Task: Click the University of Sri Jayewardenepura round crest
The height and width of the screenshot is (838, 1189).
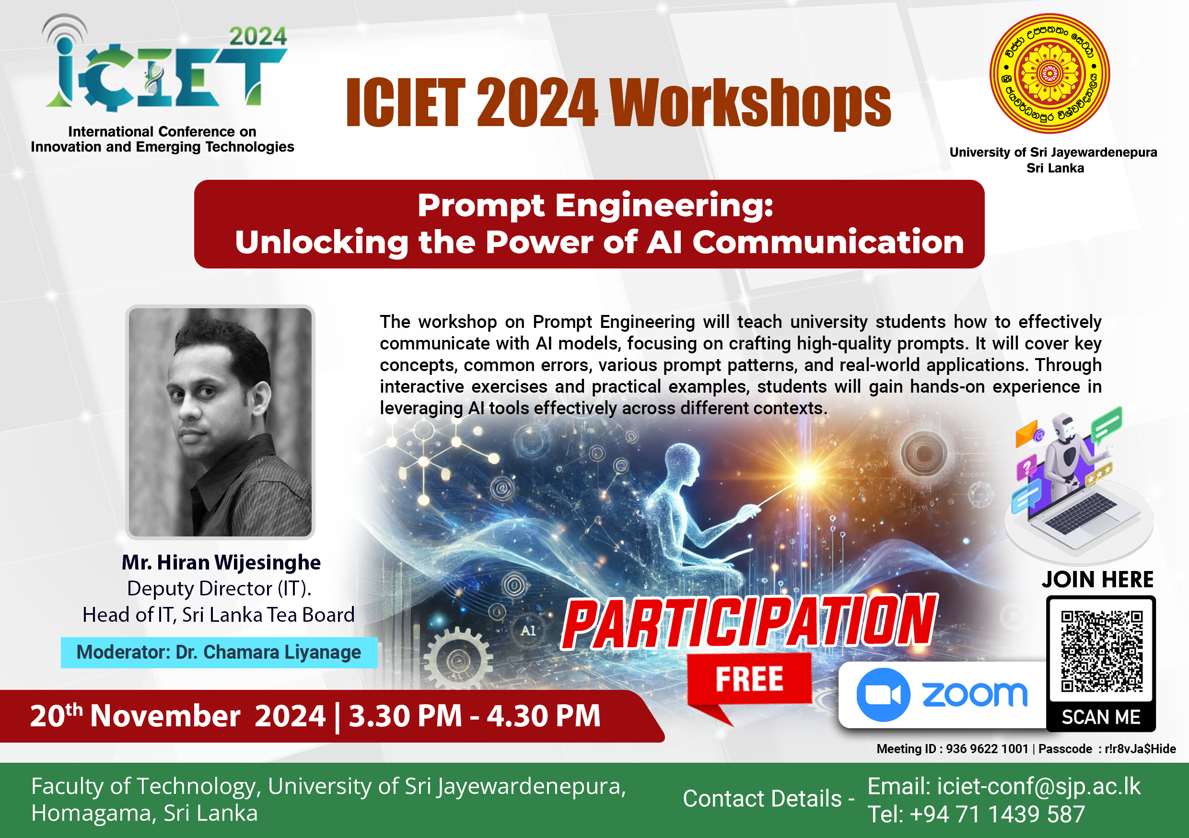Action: (x=1049, y=73)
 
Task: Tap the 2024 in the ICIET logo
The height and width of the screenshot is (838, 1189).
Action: (x=258, y=37)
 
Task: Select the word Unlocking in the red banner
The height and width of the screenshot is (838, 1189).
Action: (x=322, y=243)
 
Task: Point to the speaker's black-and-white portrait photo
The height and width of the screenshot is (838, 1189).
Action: (x=220, y=422)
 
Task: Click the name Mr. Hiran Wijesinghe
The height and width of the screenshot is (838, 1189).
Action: (x=221, y=562)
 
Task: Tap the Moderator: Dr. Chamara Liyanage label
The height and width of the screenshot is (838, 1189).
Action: (x=219, y=652)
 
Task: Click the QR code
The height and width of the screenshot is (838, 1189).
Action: (x=1101, y=651)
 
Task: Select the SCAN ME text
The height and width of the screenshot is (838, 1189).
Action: (x=1101, y=717)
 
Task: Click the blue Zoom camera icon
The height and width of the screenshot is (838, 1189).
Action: (x=883, y=695)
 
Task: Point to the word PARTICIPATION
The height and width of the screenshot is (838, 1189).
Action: (x=749, y=621)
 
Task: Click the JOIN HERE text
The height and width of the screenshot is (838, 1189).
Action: (x=1098, y=580)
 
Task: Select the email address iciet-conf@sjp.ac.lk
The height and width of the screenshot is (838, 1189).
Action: (x=1039, y=786)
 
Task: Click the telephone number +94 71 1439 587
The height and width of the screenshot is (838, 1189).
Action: (x=997, y=814)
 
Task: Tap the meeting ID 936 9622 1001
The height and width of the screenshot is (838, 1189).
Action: (x=987, y=749)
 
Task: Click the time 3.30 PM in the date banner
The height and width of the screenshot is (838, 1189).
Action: (x=406, y=716)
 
